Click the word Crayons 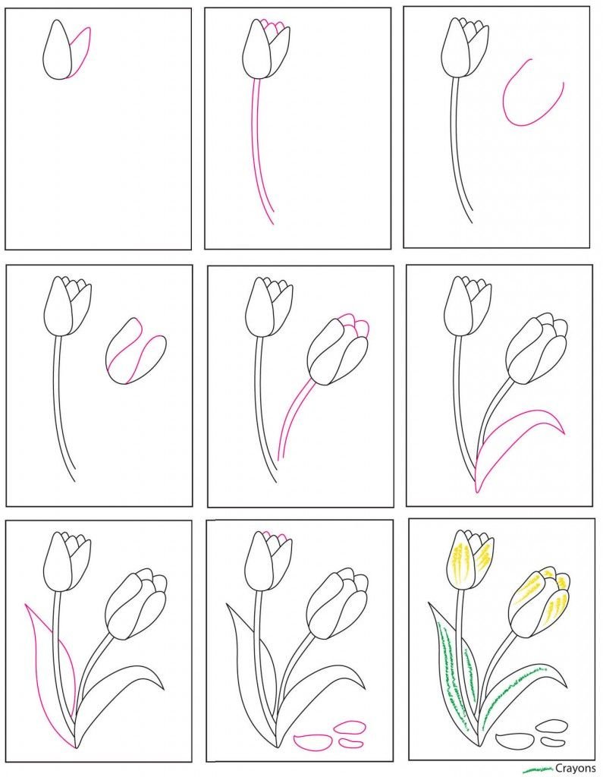tap(575, 769)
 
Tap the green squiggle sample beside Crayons tap(539, 769)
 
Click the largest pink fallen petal tap(312, 742)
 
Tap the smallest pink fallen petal tap(350, 742)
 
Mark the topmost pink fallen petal tap(350, 727)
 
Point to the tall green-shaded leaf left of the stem tap(454, 674)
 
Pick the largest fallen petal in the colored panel tap(515, 741)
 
